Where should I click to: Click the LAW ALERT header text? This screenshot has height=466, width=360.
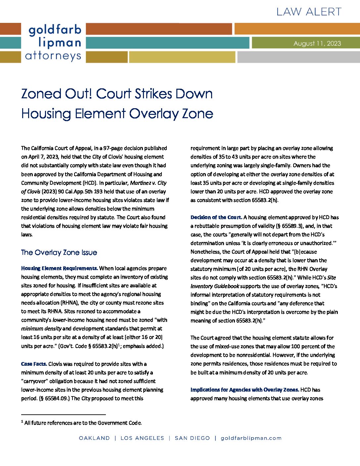pos(309,12)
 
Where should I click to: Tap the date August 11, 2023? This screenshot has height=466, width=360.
pos(317,43)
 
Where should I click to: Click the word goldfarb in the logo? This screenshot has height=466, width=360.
pos(55,30)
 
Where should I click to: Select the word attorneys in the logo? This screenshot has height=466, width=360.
pos(53,56)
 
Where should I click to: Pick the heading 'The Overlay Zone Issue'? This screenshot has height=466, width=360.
pos(59,253)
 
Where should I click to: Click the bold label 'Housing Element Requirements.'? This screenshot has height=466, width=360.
pos(60,268)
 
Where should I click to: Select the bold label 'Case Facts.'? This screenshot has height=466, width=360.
pos(34,364)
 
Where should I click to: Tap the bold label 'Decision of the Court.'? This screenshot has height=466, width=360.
pos(216,217)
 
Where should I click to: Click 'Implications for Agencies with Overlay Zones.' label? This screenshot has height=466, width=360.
pos(245,390)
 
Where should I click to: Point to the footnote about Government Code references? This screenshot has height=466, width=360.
pos(83,423)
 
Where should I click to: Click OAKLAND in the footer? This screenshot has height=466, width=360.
pos(94,438)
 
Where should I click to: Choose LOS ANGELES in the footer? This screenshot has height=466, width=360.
pos(142,438)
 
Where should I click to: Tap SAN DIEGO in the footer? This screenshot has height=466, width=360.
pos(192,438)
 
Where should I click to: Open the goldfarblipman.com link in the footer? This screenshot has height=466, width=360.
pos(251,438)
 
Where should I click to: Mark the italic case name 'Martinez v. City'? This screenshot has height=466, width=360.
pos(148,183)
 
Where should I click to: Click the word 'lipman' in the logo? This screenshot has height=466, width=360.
pos(60,43)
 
